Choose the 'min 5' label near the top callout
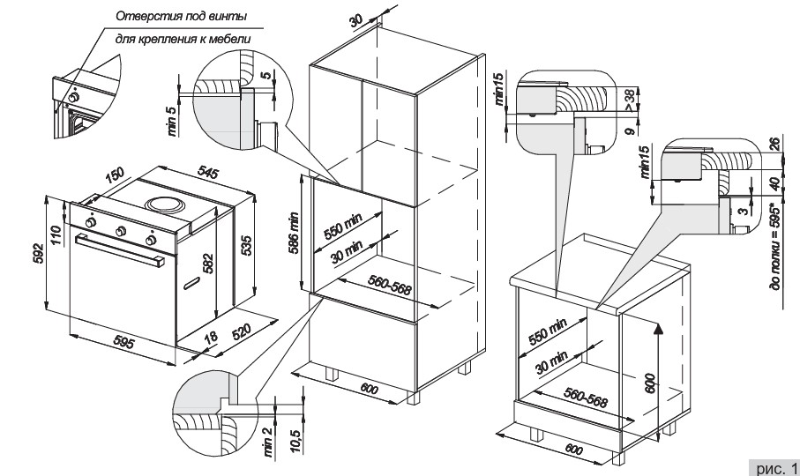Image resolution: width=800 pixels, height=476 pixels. pos(174,122)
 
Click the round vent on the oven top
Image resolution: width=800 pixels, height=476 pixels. pos(166,204)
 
